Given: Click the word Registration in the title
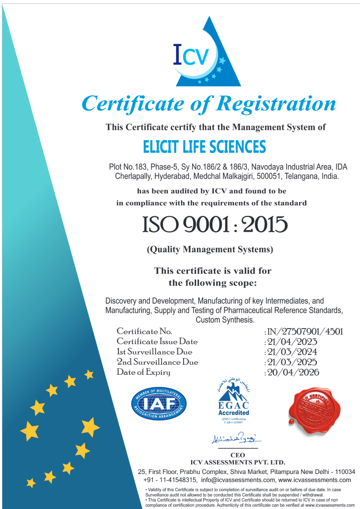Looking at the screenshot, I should pos(277,103).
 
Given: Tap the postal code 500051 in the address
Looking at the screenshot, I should pos(258,176).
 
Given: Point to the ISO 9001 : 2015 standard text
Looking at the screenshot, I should pos(214,225).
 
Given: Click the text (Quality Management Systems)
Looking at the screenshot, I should pos(209,249).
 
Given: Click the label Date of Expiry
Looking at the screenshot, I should pos(143,372).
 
